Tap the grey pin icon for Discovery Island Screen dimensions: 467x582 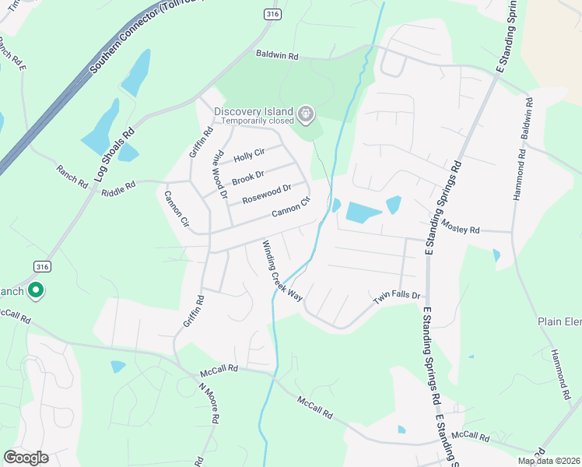307,115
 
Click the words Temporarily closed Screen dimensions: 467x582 257,121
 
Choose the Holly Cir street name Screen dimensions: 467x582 249,156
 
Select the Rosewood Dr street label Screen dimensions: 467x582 266,194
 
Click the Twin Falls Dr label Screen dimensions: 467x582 397,297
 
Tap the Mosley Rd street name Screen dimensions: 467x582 461,227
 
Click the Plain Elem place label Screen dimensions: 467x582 559,321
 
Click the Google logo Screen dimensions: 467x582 26,458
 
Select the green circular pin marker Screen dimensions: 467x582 35,292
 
